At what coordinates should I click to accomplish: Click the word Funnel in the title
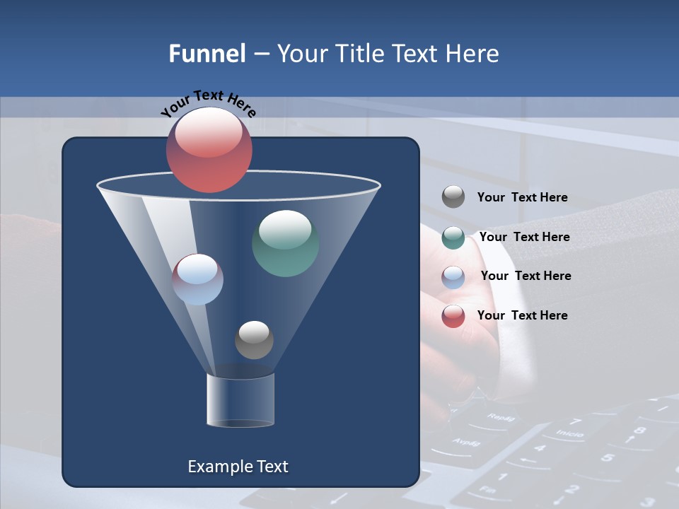(207, 54)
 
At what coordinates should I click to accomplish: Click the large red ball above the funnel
(209, 150)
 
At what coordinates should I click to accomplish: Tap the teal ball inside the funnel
(285, 243)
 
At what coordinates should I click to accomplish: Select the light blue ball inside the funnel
(197, 279)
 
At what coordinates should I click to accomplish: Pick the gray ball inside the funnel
(254, 340)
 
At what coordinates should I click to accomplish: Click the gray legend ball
(453, 197)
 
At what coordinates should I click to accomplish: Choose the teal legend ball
(453, 238)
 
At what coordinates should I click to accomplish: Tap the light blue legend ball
(453, 277)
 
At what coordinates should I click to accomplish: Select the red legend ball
(453, 316)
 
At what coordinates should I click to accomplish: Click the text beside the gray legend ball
(522, 197)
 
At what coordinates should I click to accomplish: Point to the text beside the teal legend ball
(524, 237)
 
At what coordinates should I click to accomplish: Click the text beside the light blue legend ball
(526, 276)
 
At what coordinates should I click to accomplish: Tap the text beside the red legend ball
(522, 315)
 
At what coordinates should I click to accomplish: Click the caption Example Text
(238, 467)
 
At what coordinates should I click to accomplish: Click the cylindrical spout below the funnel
(240, 400)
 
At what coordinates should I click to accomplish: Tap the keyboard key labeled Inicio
(569, 432)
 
